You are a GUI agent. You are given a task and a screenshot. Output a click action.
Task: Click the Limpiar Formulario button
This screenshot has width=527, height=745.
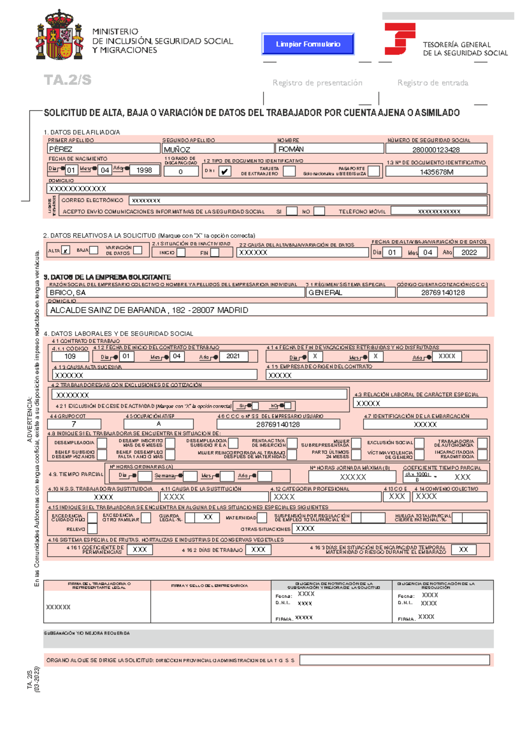click(x=308, y=44)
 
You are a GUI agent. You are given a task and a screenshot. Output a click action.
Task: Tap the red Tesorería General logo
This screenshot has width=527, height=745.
click(x=399, y=39)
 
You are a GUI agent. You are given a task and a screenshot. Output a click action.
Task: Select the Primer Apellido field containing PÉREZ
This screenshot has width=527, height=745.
click(x=103, y=149)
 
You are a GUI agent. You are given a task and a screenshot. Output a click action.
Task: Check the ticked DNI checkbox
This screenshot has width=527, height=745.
click(x=224, y=171)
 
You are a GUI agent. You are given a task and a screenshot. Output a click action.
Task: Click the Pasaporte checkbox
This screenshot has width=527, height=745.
click(x=374, y=171)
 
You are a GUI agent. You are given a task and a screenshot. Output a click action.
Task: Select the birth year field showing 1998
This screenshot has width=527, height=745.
click(x=144, y=170)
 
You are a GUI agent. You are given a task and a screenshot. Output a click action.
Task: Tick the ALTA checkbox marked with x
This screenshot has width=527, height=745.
click(x=65, y=250)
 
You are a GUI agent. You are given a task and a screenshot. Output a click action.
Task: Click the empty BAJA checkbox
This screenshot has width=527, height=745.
click(x=94, y=250)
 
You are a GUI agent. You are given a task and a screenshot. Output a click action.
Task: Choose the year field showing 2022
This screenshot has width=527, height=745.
click(x=469, y=252)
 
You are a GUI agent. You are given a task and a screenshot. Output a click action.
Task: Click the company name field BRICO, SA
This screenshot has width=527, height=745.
click(x=176, y=293)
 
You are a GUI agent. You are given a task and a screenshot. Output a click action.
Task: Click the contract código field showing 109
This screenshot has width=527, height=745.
click(x=70, y=356)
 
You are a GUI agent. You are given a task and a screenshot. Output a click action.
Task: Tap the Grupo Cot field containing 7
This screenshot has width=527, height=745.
click(x=74, y=424)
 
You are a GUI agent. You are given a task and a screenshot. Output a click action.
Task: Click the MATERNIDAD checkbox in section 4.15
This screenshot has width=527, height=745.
click(x=262, y=518)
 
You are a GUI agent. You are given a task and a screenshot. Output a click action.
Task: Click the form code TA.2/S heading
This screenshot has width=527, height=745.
click(x=68, y=80)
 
